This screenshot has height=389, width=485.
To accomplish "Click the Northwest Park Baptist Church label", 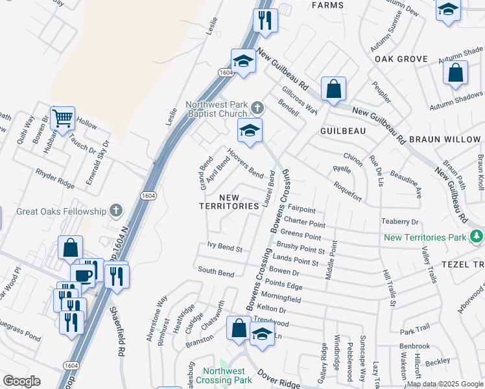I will click(x=217, y=109).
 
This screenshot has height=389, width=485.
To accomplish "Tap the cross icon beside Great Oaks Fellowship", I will click(x=115, y=211).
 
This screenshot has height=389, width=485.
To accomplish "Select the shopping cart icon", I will click(x=62, y=119).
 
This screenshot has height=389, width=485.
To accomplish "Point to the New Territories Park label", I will click(x=425, y=237).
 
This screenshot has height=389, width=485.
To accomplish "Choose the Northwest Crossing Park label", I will click(x=224, y=375).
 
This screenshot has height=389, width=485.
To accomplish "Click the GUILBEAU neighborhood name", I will click(x=343, y=130).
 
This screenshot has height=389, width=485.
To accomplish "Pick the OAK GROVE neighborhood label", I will click(x=401, y=59).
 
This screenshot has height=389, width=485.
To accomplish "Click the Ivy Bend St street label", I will click(x=224, y=248).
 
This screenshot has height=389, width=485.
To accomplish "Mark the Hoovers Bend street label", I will click(x=245, y=163).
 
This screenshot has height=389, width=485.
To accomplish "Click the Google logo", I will click(x=21, y=381).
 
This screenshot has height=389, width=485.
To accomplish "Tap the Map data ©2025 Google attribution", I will click(x=444, y=384).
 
